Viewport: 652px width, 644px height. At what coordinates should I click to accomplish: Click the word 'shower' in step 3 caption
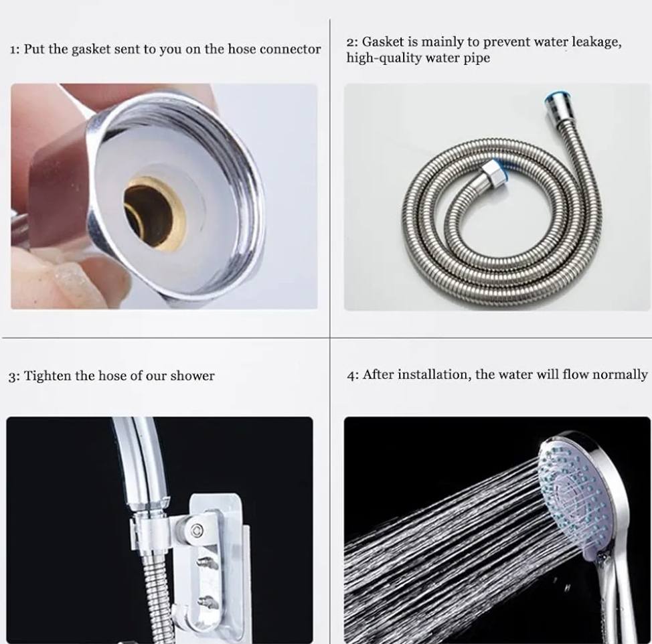coord(192,376)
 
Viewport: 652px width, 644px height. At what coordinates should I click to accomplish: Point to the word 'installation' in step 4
coord(434,375)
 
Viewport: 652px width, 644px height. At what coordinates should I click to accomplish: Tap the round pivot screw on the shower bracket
coord(197,530)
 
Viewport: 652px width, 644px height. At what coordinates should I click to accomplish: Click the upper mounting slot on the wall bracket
coord(208,562)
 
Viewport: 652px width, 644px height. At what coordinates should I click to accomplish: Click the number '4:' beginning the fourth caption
coord(353,375)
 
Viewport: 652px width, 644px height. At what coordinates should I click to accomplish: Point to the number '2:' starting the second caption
coord(352,42)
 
